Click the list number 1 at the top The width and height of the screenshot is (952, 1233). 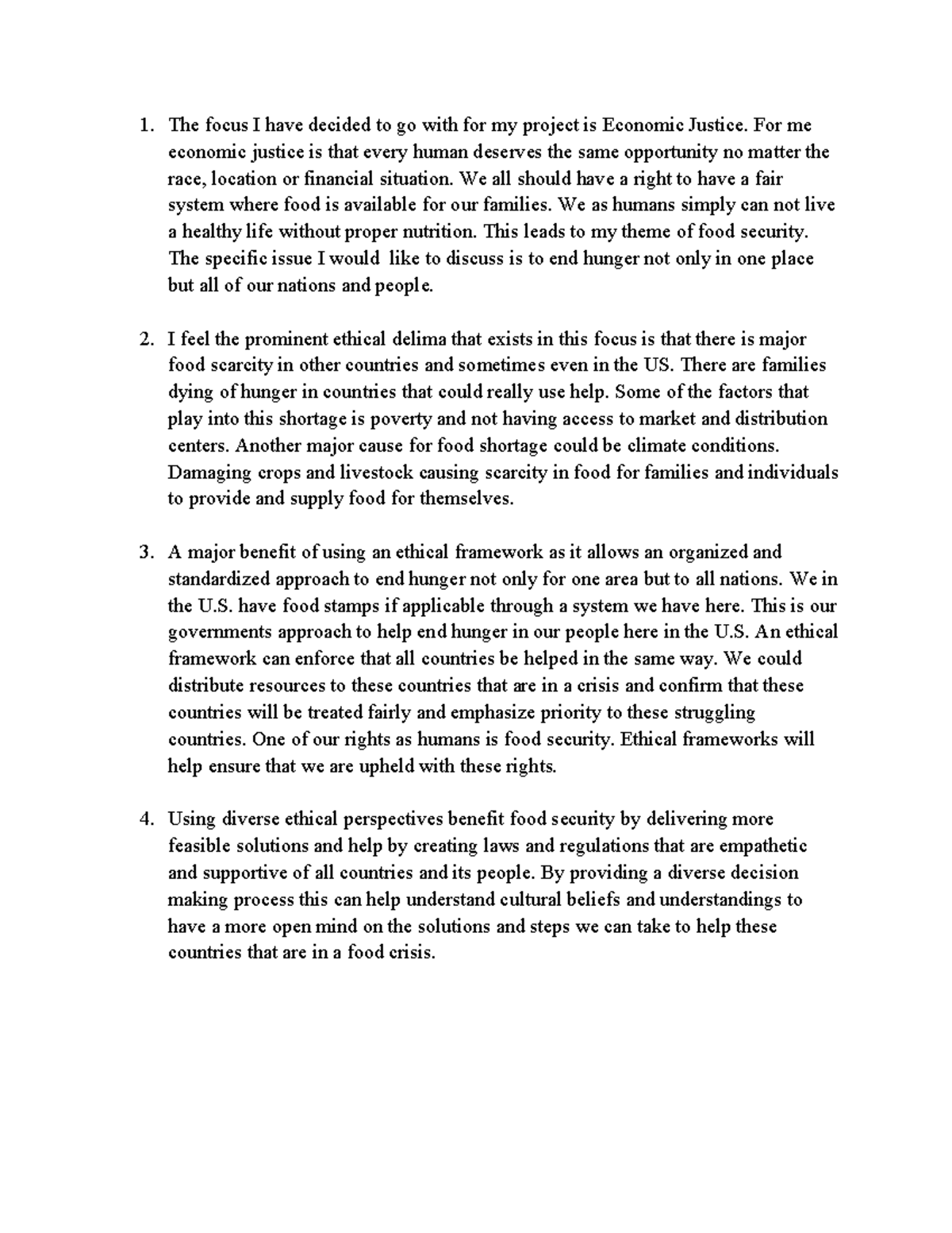pos(143,125)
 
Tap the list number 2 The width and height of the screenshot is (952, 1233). pos(143,340)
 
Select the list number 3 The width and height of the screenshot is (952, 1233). pos(143,553)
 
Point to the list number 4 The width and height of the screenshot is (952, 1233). pos(143,819)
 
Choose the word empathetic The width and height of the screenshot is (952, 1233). pos(762,846)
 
